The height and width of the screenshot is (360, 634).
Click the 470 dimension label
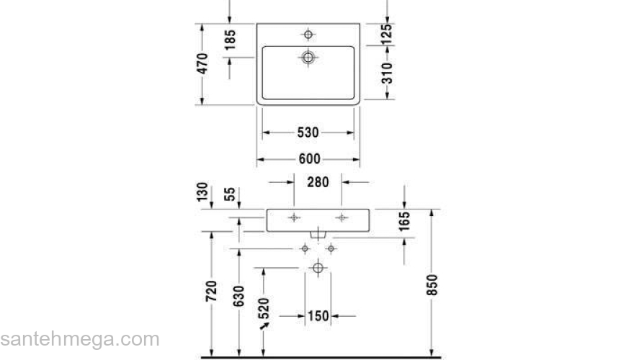[x=203, y=63]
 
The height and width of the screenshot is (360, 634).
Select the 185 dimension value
[x=230, y=41]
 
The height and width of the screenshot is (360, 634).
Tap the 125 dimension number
[x=387, y=33]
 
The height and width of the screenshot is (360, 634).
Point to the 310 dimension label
[x=387, y=73]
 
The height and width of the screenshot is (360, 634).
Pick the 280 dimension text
[x=318, y=182]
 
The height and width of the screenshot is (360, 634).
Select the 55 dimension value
[x=230, y=194]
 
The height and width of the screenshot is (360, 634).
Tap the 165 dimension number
[x=404, y=221]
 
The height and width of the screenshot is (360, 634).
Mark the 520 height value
[x=264, y=307]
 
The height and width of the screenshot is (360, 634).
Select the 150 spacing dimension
[x=318, y=315]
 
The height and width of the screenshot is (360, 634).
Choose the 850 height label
[x=432, y=286]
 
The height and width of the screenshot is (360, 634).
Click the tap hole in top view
[x=308, y=34]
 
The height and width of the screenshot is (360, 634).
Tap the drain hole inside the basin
[x=308, y=57]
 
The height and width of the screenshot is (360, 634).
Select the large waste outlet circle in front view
[x=318, y=268]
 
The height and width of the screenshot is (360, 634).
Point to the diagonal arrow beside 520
[x=265, y=325]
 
